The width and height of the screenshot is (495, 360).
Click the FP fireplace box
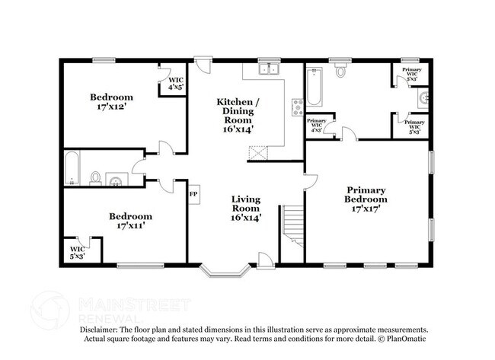tap(193, 194)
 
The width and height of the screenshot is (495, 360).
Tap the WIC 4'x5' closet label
tap(176, 83)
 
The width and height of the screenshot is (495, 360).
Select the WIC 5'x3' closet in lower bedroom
tap(78, 253)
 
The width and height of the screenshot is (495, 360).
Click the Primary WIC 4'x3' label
tap(317, 126)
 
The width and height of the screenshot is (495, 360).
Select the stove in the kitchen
tap(296, 107)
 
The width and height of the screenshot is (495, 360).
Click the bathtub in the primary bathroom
tap(315, 87)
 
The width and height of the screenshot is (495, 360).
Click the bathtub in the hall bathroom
tap(71, 168)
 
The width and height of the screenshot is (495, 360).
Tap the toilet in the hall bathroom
tap(95, 178)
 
